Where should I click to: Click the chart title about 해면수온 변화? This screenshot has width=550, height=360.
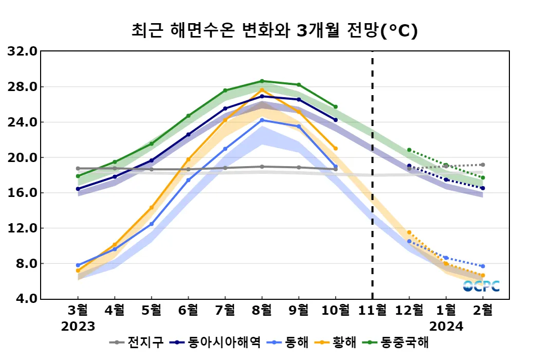point(274,30)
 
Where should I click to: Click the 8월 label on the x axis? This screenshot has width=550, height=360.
point(262,310)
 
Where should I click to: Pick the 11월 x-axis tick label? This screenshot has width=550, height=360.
point(372,310)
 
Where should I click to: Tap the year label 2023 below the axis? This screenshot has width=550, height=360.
point(78,327)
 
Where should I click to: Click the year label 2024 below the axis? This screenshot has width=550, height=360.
point(446,327)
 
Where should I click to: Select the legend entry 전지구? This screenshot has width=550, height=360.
point(138,342)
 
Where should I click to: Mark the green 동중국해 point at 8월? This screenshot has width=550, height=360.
point(262,81)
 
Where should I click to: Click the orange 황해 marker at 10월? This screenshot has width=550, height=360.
point(336,148)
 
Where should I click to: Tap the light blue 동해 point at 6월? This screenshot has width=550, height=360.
point(188,180)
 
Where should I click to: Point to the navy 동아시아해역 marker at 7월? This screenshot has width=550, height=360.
point(225,109)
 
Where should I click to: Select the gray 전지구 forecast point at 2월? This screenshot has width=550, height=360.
point(483,165)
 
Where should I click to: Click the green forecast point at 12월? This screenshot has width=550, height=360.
point(409,150)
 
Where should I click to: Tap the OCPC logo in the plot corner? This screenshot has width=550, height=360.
point(481,286)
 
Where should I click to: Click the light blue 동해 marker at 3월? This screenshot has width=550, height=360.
point(78,265)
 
